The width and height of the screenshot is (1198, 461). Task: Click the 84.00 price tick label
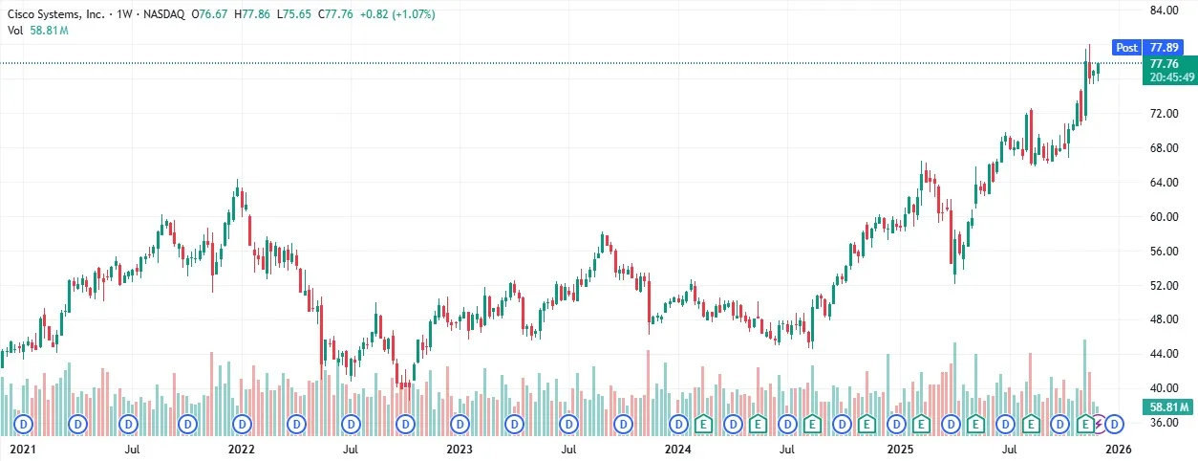tap(1164, 11)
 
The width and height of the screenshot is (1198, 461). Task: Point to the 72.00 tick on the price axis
tap(1164, 114)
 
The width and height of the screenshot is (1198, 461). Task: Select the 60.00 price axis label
tap(1164, 217)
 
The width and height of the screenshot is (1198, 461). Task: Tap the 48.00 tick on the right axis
tap(1164, 319)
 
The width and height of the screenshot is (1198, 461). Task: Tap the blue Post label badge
tap(1127, 47)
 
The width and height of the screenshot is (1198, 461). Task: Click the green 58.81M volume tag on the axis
tap(1168, 408)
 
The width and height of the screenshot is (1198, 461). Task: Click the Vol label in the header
tap(15, 31)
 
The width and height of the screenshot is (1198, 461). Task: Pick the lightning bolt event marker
tap(1099, 423)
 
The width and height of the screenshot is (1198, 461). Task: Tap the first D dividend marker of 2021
tap(21, 423)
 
